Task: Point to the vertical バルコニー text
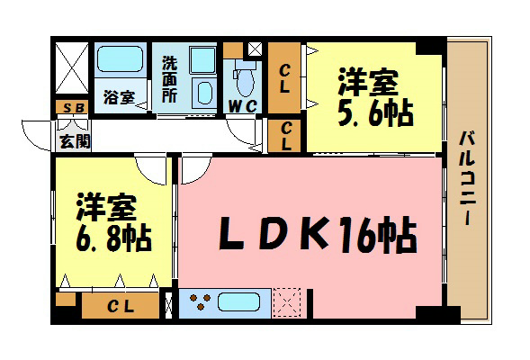(467, 179)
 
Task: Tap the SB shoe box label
(69, 107)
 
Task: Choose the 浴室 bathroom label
(119, 97)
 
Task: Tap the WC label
(243, 107)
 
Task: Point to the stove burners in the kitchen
(200, 302)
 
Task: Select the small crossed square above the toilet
(255, 49)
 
